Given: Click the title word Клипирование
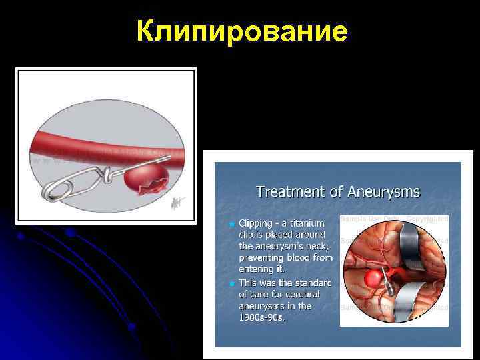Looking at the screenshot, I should coord(241,31).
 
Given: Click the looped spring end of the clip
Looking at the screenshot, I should coord(53,191).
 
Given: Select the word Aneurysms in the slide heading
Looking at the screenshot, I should coord(383,192).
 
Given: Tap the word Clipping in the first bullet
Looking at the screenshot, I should coord(256,223).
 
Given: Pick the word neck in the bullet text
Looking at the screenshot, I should coord(311,245).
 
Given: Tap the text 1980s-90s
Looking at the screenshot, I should coord(263,317).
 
